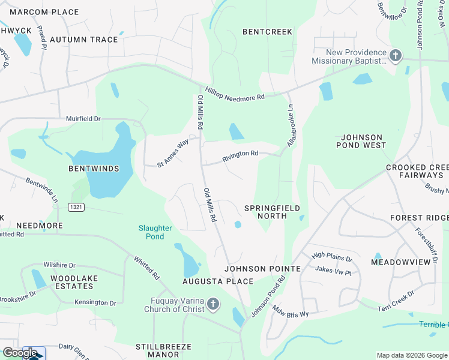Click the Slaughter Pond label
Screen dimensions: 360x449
155,232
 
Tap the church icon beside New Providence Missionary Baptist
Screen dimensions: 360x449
395,56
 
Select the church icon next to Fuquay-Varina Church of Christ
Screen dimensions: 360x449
213,305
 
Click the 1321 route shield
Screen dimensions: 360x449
76,207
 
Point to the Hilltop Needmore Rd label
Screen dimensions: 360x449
235,92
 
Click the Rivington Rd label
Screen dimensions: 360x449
240,154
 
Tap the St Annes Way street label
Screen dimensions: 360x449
173,153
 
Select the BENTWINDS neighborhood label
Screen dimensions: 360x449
94,169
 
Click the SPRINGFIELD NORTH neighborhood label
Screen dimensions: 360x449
273,212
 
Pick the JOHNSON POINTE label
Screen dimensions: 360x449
262,269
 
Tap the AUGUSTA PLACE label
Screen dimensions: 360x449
218,281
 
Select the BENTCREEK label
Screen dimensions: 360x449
267,31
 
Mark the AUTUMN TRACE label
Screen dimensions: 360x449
84,40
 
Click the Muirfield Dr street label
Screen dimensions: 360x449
83,119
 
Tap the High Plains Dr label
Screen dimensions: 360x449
332,257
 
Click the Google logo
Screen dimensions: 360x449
20,353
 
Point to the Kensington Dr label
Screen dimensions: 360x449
95,303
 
